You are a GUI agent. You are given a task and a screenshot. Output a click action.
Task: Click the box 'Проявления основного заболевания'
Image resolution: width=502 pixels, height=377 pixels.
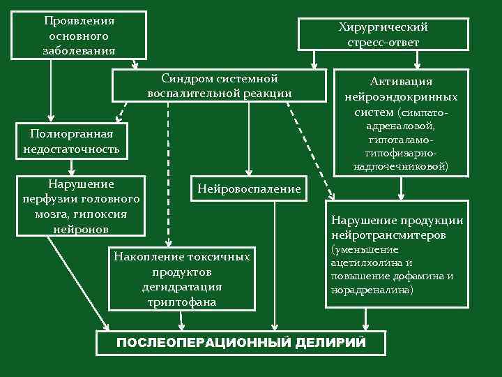click(x=78, y=35)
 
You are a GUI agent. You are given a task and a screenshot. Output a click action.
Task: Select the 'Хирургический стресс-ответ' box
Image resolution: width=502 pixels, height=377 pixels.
click(x=383, y=34)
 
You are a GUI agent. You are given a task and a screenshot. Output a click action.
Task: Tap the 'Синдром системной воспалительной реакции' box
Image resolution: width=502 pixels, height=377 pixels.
click(x=219, y=85)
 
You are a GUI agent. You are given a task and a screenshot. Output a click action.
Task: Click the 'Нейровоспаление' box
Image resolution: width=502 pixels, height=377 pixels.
click(x=249, y=188)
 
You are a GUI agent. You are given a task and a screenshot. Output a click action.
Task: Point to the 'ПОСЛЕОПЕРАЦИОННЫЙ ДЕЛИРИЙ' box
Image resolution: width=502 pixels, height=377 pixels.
click(x=241, y=342)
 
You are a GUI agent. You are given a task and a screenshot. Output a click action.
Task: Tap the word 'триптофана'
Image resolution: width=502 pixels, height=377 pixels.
click(x=181, y=302)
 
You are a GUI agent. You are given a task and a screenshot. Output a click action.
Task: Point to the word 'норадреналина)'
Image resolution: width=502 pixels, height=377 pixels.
click(x=372, y=289)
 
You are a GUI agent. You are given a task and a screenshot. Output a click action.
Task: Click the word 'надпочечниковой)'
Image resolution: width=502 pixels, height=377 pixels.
click(x=401, y=167)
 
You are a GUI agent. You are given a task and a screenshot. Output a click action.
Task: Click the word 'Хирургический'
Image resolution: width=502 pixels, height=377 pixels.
click(x=383, y=27)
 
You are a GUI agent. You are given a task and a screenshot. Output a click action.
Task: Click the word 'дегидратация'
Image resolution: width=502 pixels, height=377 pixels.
click(x=181, y=287)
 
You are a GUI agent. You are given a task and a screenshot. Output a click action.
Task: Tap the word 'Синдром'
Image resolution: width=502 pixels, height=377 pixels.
click(x=185, y=78)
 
